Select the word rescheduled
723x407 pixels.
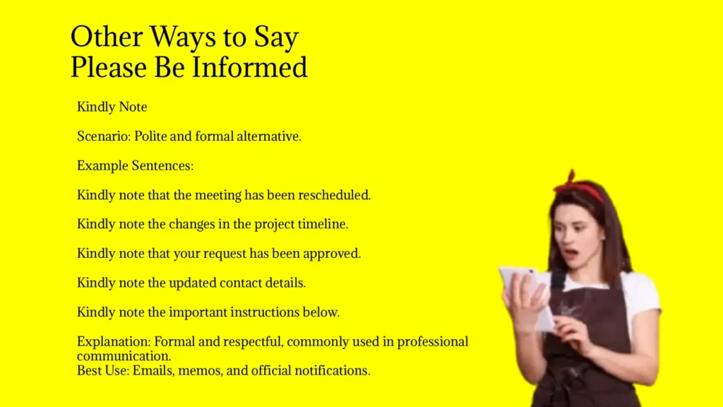(334, 195)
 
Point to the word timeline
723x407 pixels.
(322, 225)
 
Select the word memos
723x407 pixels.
(204, 370)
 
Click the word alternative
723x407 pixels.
(266, 136)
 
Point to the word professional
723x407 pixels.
(432, 342)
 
